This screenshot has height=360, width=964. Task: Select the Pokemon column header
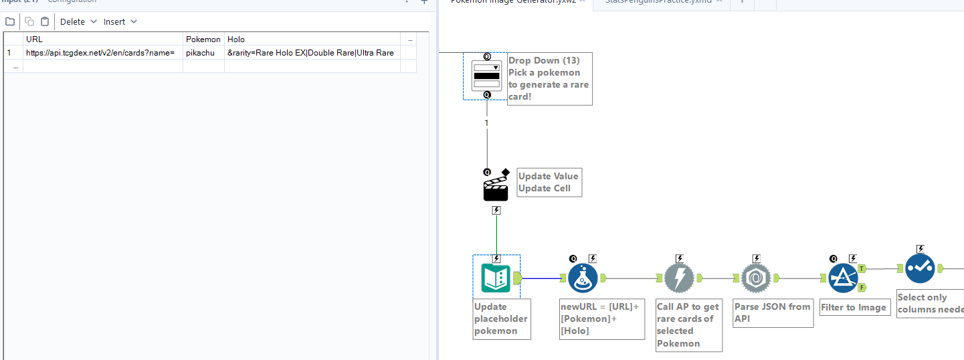pos(203,39)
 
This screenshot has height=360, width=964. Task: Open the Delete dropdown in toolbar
pos(78,21)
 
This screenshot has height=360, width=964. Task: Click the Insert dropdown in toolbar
pos(120,21)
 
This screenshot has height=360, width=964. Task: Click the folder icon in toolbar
pos(10,21)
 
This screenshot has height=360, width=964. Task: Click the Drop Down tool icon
pos(486,76)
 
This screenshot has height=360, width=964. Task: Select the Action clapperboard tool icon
pos(496,189)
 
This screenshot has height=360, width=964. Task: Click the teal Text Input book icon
pos(496,278)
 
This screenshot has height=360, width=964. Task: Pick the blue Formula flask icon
pos(582,278)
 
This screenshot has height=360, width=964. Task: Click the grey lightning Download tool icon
pos(679,278)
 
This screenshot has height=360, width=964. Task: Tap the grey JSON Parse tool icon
pos(756,278)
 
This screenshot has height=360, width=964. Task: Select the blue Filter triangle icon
pos(843,278)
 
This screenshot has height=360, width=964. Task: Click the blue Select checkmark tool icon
pos(920,268)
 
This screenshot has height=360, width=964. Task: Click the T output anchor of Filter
pos(862,268)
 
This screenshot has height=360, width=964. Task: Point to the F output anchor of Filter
pos(862,287)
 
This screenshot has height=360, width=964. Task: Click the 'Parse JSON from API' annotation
pos(773,312)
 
